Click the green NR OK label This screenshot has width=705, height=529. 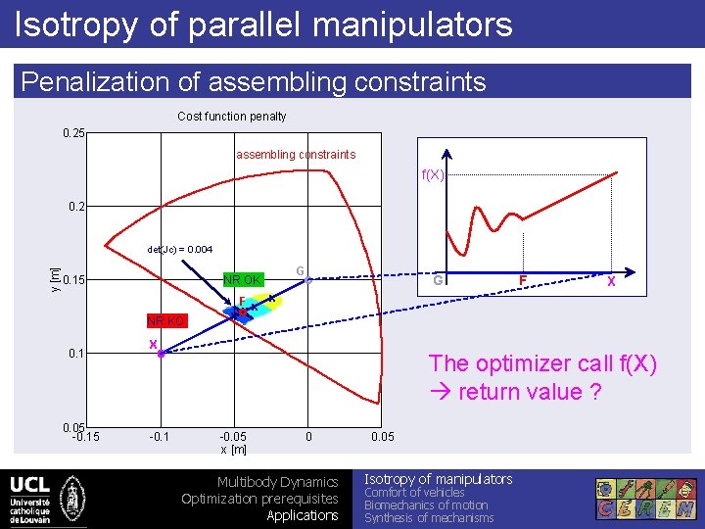point(244,279)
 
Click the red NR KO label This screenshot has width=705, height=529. point(166,320)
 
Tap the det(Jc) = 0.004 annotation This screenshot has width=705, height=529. point(179,250)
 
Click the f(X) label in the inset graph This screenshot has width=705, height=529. point(433,174)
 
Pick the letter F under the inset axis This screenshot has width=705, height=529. point(524,280)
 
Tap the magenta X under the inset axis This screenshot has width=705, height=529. point(611,281)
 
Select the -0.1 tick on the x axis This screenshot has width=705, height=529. point(158,437)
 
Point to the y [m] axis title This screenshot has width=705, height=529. point(55,277)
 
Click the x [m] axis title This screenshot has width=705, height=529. point(233,449)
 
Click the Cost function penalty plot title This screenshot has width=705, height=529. point(232,117)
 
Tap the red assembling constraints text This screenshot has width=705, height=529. point(295,155)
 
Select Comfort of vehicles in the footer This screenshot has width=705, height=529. point(414,493)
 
